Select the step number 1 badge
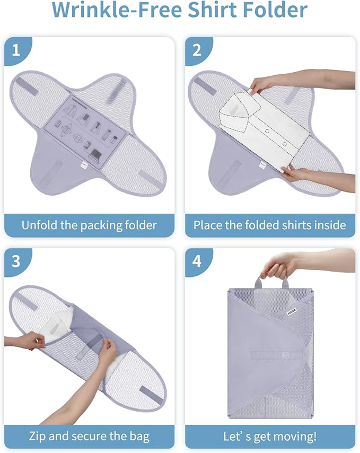point(16,51)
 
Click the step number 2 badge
point(197,51)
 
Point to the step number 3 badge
point(16,262)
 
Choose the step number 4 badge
point(197,262)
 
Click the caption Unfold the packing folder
point(89,225)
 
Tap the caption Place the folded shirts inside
point(269,225)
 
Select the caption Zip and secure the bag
point(89,437)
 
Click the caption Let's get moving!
point(269,437)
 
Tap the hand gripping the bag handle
point(280,264)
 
